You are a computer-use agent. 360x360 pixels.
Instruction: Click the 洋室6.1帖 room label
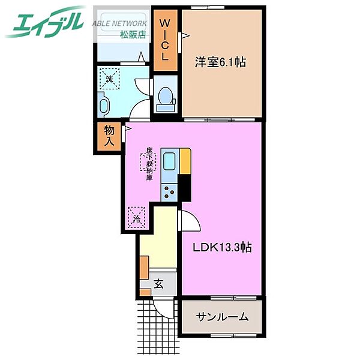[x=220, y=62]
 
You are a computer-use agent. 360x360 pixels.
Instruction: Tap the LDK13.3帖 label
[x=222, y=248]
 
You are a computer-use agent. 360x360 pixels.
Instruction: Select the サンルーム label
[x=222, y=317]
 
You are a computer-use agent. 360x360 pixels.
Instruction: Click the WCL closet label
[x=165, y=40]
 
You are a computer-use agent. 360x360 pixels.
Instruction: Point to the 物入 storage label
[x=109, y=136]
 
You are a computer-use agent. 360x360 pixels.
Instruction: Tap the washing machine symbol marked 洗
[x=110, y=79]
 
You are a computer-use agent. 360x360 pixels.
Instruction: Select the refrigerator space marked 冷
[x=136, y=218]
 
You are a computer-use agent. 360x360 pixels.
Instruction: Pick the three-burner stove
[x=169, y=193]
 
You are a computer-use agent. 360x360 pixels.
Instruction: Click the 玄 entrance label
[x=158, y=284]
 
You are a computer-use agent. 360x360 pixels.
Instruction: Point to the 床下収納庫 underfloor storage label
[x=149, y=163]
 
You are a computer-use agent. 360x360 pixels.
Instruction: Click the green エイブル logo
[x=45, y=22]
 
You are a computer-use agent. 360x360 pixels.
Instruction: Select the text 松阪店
[x=133, y=34]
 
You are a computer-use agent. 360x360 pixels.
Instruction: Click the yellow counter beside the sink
[x=185, y=161]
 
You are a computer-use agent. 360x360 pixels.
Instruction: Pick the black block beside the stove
[x=185, y=188]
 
